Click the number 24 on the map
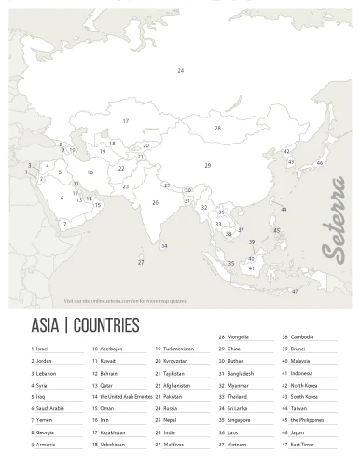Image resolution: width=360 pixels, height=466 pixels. click(181, 71)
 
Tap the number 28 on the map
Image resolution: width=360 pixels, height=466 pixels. click(217, 129)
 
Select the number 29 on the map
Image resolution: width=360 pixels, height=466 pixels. click(208, 165)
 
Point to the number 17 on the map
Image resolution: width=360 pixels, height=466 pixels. click(126, 121)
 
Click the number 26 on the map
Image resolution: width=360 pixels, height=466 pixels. click(156, 202)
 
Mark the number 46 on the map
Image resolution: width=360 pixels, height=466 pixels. click(320, 163)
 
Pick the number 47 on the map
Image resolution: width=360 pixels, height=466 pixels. click(295, 292)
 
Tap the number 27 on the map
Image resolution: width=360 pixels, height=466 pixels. click(141, 262)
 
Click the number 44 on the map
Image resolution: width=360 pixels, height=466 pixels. click(284, 210)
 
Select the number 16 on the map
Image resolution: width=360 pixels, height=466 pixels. click(90, 172)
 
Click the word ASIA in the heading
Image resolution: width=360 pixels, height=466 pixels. click(45, 325)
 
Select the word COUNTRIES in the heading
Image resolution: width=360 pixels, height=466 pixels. click(104, 325)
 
